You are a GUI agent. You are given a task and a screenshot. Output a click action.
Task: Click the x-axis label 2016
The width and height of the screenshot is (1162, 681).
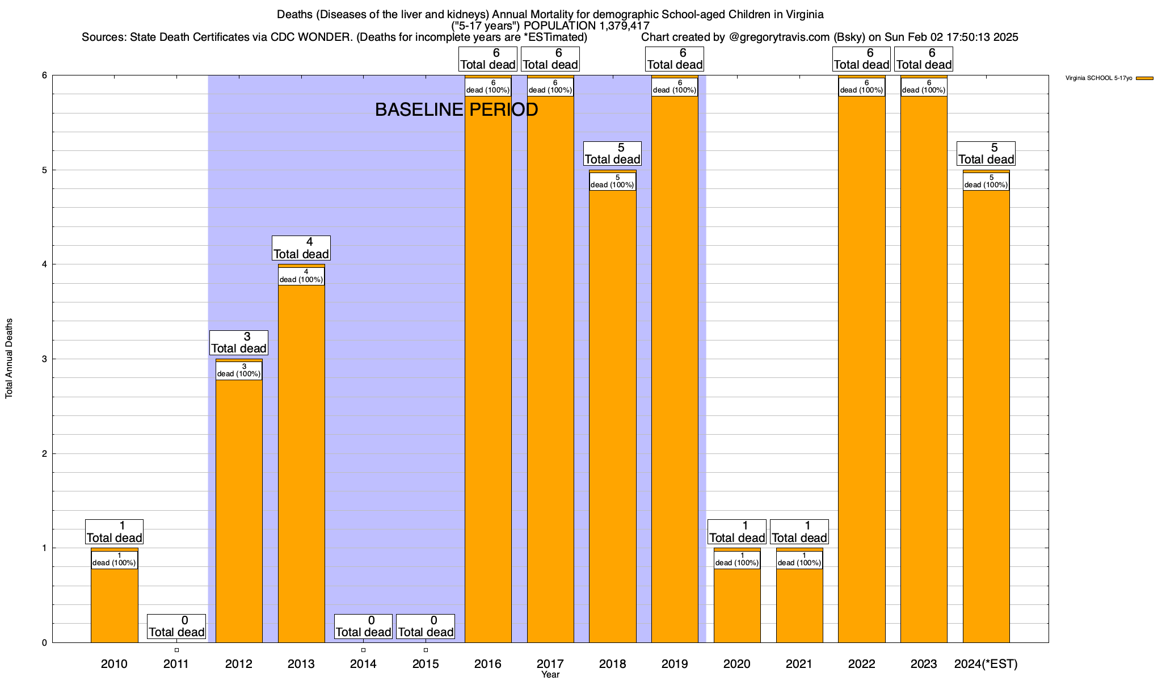tap(488, 664)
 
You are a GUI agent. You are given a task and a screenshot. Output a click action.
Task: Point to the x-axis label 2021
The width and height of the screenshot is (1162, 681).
tap(799, 664)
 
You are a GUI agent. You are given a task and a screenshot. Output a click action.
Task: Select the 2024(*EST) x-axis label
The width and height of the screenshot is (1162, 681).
tap(986, 664)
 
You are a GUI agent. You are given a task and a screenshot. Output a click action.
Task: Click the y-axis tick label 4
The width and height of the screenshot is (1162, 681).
tap(44, 264)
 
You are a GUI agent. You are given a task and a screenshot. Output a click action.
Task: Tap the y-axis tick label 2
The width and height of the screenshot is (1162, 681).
tap(44, 453)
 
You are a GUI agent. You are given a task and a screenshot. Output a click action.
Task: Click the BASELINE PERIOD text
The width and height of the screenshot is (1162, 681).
tap(456, 110)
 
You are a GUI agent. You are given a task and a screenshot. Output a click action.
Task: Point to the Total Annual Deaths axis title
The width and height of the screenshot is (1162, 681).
tap(9, 358)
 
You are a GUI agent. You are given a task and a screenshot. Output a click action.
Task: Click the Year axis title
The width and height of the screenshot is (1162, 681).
tap(550, 675)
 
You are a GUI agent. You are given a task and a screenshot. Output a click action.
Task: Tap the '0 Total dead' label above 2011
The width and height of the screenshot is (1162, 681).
tap(176, 627)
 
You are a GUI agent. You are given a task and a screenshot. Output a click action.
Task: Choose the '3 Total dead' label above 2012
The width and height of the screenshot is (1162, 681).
tap(239, 343)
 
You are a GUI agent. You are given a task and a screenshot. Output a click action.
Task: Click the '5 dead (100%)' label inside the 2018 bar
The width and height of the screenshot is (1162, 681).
tap(613, 182)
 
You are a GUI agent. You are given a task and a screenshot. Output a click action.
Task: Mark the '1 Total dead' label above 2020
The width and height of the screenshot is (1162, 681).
tap(737, 532)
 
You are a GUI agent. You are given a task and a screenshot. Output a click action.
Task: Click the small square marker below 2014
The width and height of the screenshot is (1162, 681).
tap(363, 650)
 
